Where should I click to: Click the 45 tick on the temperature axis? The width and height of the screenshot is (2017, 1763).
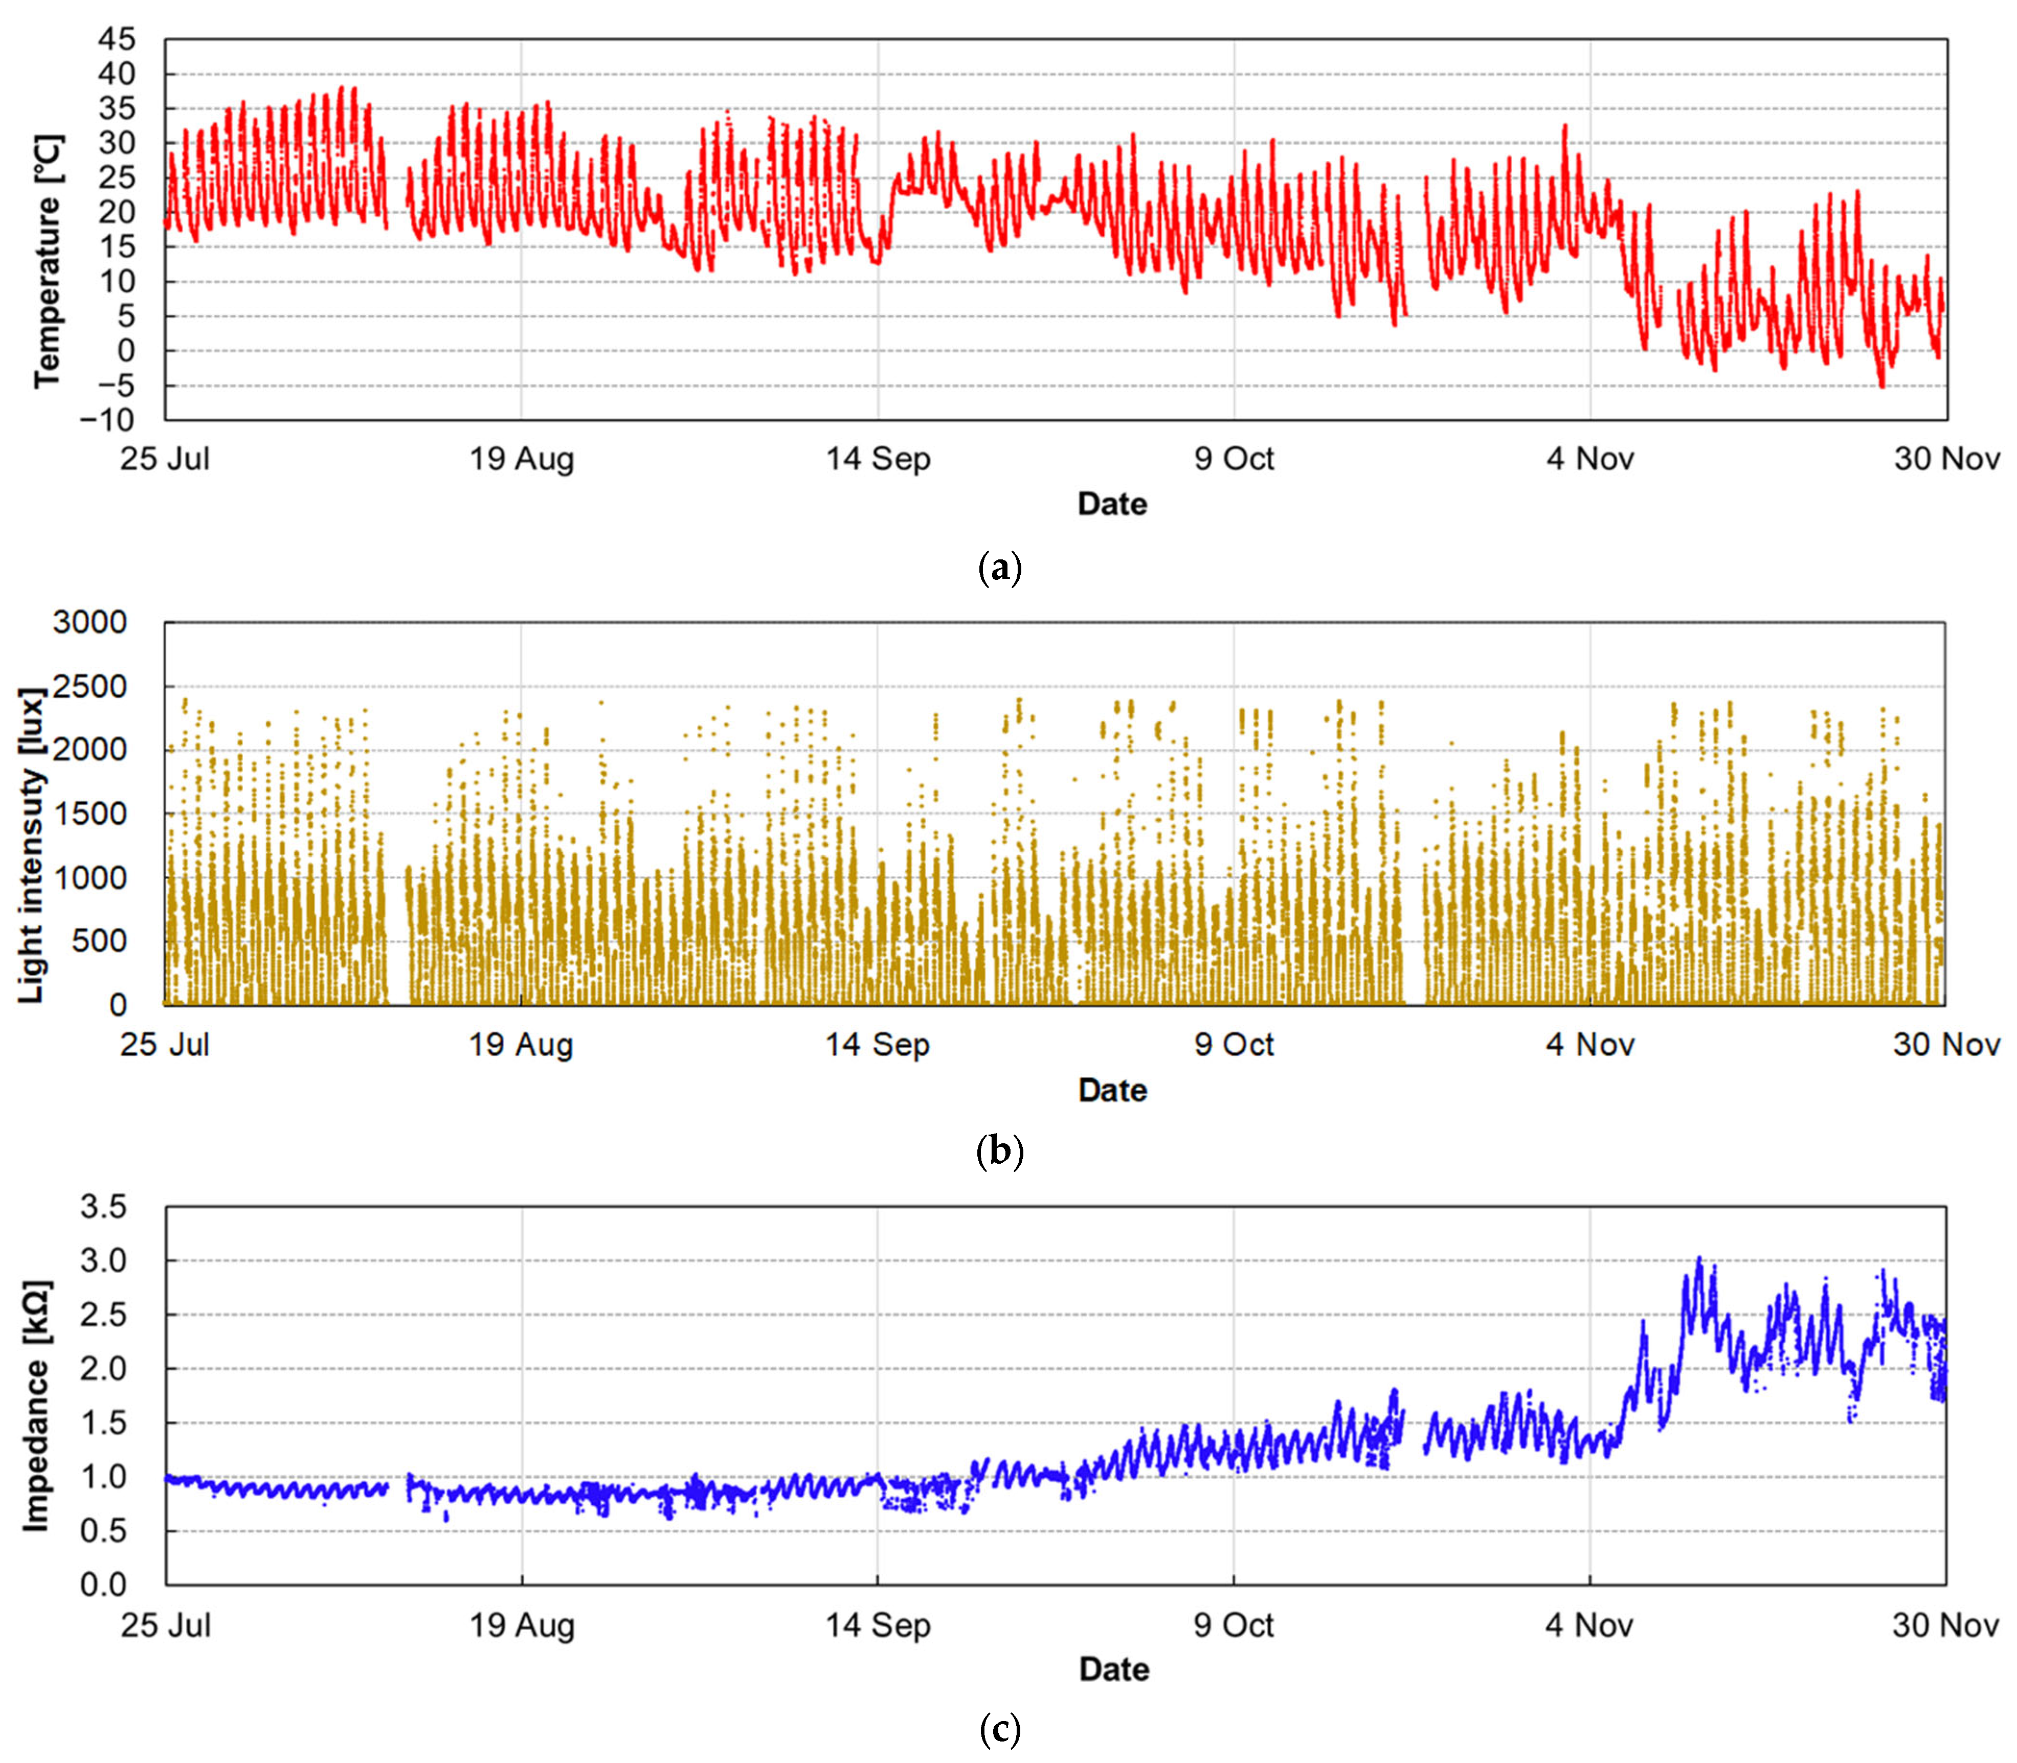pyautogui.click(x=116, y=39)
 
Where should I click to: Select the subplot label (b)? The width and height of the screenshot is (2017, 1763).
pyautogui.click(x=1001, y=1150)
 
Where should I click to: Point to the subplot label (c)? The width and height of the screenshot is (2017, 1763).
pyautogui.click(x=1001, y=1729)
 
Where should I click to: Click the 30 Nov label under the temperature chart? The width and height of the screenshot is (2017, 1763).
pyautogui.click(x=1946, y=459)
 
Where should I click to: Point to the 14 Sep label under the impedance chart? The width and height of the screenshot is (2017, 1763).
pyautogui.click(x=878, y=1625)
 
